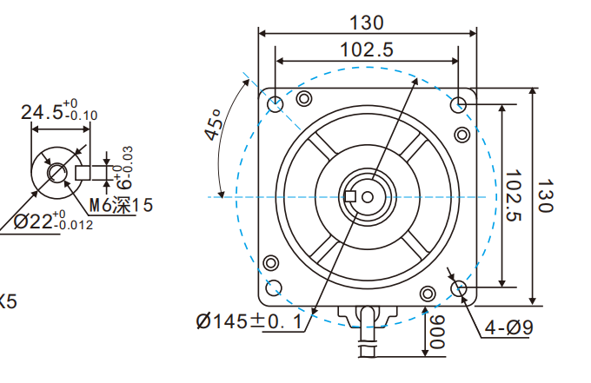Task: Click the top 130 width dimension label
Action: pos(367,21)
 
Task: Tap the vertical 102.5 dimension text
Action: pos(515,195)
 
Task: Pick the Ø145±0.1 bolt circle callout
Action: pos(250,321)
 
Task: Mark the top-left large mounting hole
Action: pos(276,104)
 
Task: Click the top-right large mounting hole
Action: pos(460,104)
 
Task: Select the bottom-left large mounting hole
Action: pos(276,288)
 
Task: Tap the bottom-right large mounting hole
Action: pos(460,288)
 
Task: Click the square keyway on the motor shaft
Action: pos(351,196)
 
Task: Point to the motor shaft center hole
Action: pos(368,196)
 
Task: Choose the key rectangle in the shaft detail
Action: pos(83,172)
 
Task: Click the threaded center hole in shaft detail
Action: pos(57,172)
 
